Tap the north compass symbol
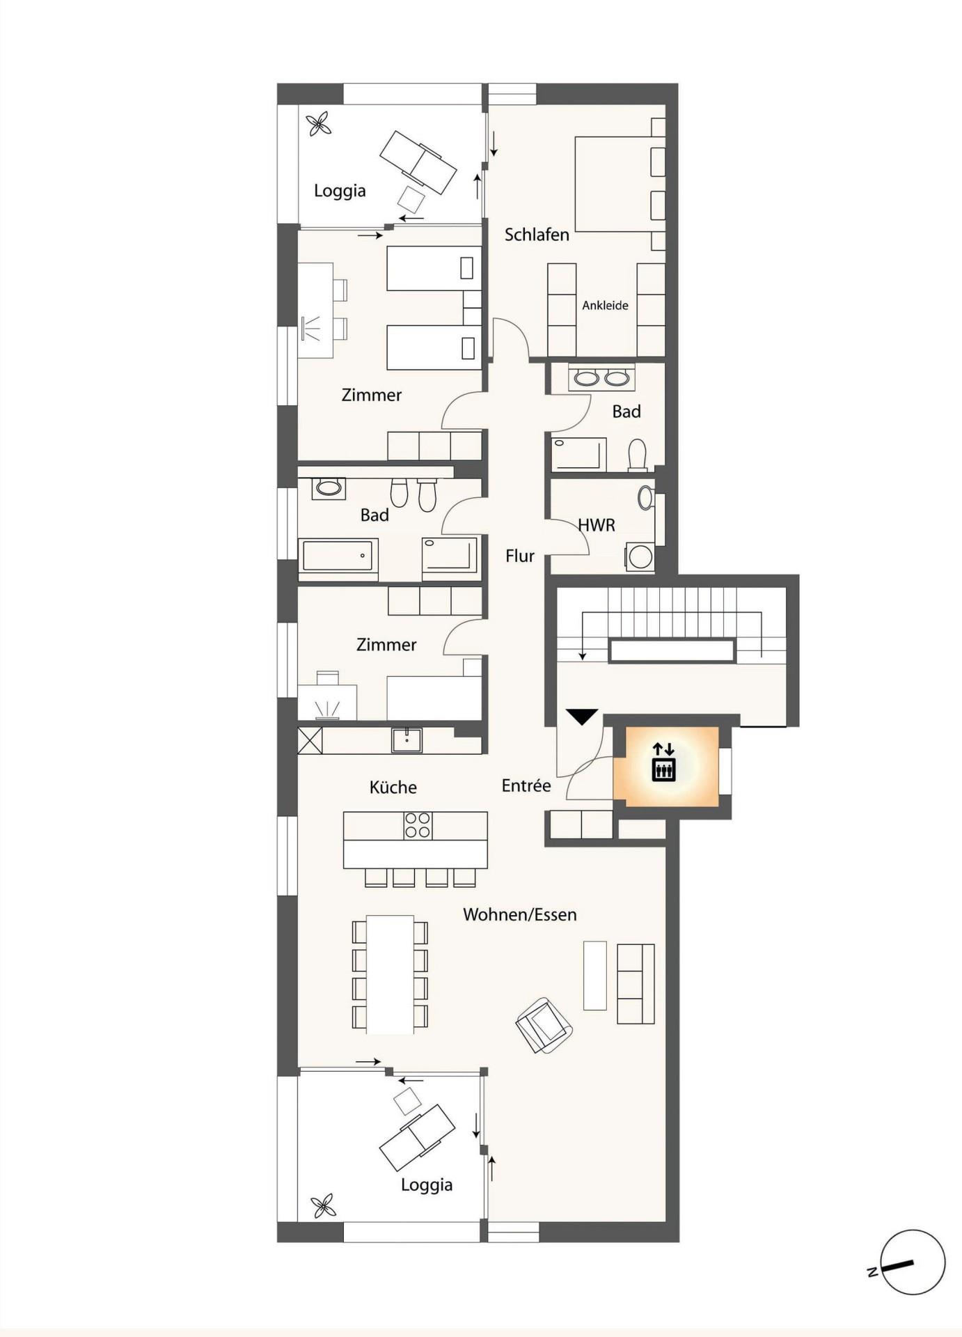pos(908,1262)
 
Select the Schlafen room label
pos(537,235)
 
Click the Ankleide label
pos(605,305)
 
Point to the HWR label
pos(597,525)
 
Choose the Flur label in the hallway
pos(520,556)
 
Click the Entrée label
pos(526,785)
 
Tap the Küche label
pos(393,787)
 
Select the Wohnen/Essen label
pos(520,914)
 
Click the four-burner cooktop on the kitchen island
pos(418,825)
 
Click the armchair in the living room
pos(544,1024)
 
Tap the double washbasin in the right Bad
pos(601,377)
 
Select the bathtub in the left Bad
pos(338,556)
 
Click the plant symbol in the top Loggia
pos(319,125)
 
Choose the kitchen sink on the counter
pos(407,740)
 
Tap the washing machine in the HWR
pos(640,556)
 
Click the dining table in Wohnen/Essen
pos(390,974)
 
